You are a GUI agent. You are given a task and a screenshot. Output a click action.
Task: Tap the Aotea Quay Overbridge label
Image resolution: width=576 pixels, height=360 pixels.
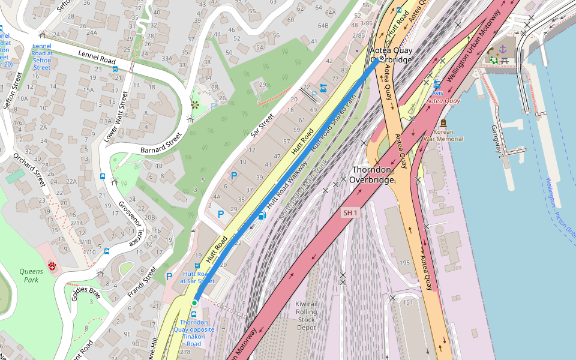click(391, 55)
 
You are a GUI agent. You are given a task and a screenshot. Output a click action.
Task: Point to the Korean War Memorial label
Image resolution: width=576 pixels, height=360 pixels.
click(443, 135)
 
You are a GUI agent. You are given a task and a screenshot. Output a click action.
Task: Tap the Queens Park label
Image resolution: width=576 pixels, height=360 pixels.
click(31, 275)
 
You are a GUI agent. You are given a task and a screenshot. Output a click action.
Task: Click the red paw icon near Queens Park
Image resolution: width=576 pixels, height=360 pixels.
click(52, 265)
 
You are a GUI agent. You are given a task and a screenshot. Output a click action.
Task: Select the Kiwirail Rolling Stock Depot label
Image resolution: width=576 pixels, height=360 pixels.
click(306, 316)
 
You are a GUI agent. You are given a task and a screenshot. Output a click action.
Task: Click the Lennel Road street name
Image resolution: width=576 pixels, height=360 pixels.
click(96, 58)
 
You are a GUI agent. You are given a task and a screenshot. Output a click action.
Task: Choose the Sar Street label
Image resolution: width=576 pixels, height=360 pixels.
click(262, 124)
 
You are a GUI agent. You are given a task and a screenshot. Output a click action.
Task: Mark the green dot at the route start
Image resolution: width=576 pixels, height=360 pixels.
click(194, 303)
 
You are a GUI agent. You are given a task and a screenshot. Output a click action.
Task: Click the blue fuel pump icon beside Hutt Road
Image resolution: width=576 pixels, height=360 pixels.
click(261, 215)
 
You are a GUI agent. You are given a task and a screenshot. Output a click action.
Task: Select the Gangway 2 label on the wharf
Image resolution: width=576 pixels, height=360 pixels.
click(498, 139)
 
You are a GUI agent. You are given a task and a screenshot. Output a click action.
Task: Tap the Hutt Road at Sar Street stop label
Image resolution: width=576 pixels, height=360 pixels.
click(197, 277)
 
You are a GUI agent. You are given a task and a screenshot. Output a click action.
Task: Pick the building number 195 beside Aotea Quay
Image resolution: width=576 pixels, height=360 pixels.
click(404, 263)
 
